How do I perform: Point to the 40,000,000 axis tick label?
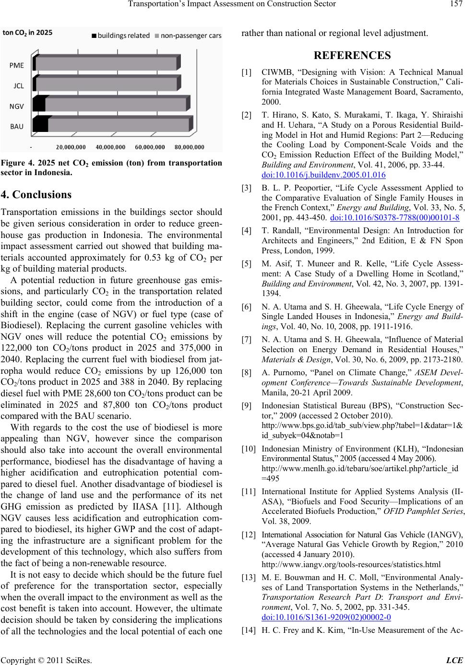point(110,146)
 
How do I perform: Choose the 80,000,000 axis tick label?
point(189,146)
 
